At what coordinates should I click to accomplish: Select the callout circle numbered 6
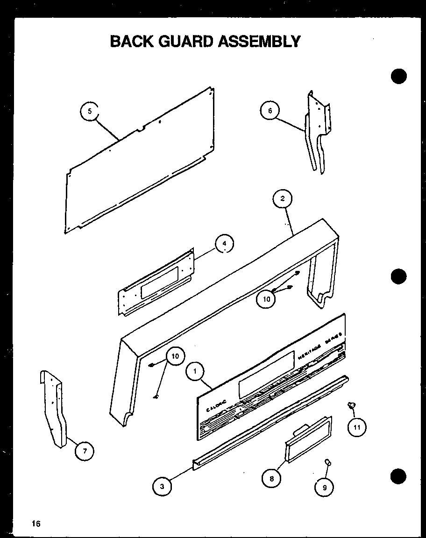270,111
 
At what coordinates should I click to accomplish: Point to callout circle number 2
282,198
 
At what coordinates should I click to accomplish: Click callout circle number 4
225,243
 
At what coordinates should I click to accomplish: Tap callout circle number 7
85,451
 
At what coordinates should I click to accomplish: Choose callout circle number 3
162,486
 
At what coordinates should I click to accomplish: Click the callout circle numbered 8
271,478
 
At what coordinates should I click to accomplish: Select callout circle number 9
324,487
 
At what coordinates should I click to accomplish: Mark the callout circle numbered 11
357,427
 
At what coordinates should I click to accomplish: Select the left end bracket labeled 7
55,409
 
